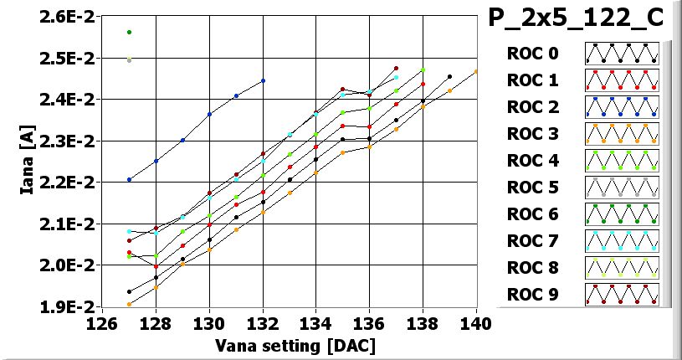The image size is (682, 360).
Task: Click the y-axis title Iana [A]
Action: (27, 162)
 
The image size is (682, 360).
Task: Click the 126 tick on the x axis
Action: (102, 323)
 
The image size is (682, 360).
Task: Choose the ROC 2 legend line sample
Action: (622, 107)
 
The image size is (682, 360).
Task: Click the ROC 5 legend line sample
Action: (622, 188)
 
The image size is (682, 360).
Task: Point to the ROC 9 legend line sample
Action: (622, 295)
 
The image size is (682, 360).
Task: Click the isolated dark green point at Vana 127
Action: (129, 32)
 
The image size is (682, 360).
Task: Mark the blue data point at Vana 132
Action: (263, 81)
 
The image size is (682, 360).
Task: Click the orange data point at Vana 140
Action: (476, 72)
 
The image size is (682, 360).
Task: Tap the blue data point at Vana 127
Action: (129, 179)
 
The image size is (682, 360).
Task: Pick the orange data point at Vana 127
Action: (129, 304)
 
